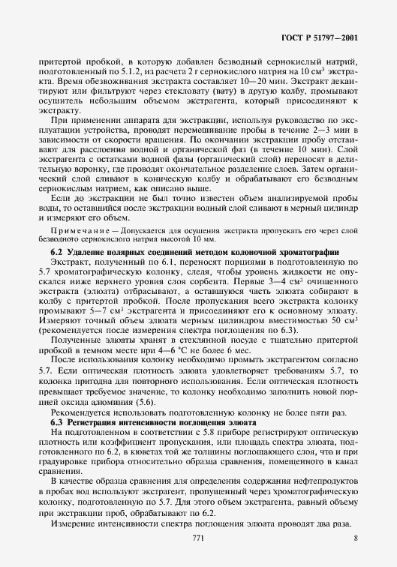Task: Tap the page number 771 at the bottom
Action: (x=198, y=537)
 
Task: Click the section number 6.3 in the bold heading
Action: (x=56, y=424)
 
